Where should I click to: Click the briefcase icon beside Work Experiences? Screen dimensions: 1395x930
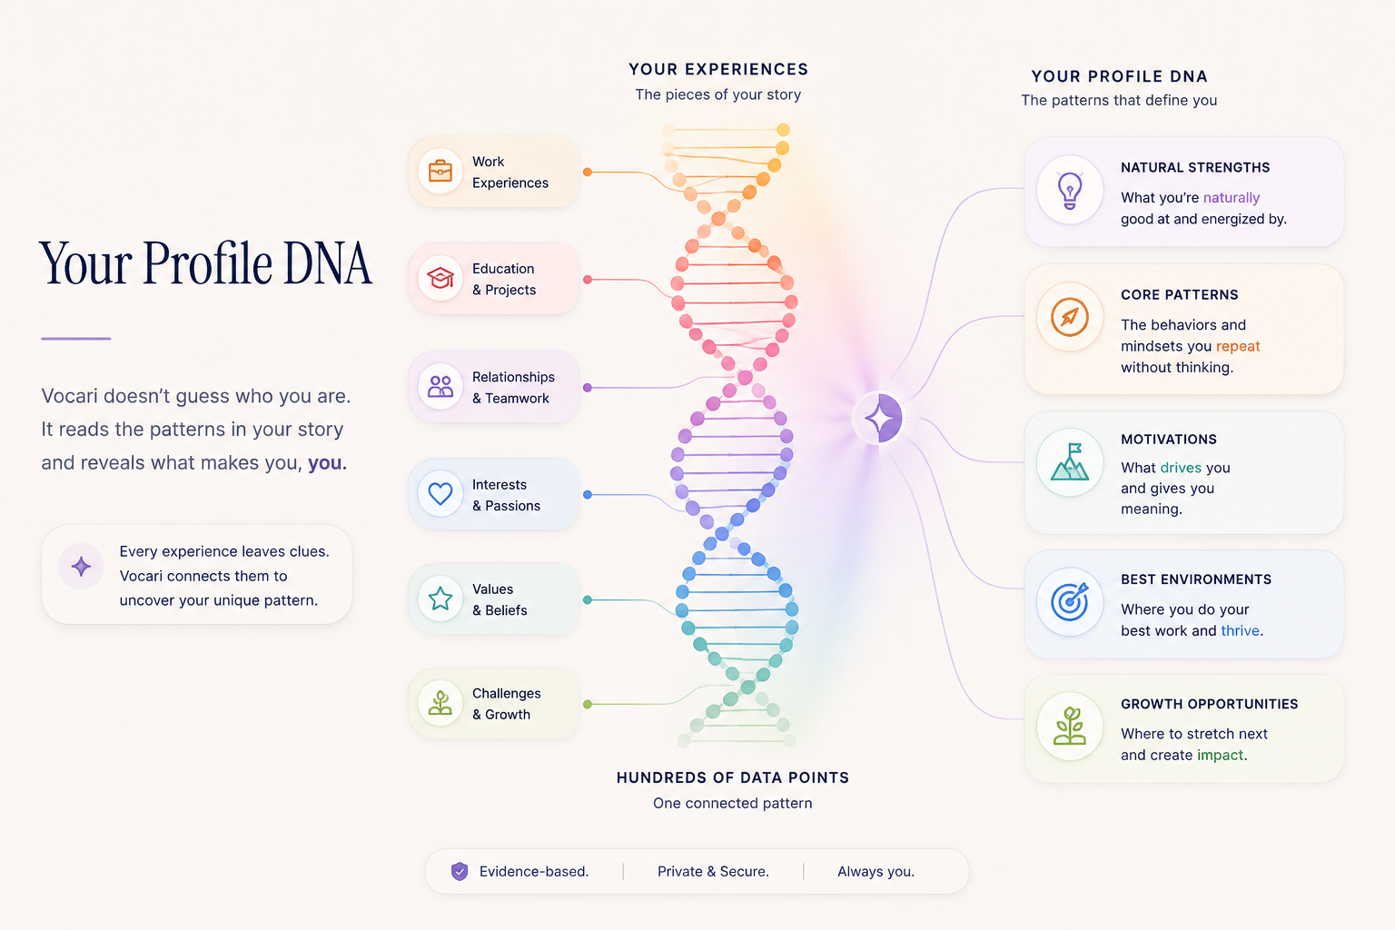pos(440,171)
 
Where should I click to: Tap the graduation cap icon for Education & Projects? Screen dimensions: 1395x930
pos(440,278)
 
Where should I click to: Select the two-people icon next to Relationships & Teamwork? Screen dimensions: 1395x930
pos(440,387)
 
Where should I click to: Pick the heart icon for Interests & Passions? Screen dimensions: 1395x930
pos(440,494)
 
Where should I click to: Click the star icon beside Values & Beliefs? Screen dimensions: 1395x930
pos(440,599)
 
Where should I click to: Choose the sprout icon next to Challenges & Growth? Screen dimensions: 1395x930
pos(440,703)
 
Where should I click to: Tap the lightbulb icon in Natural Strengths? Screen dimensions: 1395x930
pos(1070,191)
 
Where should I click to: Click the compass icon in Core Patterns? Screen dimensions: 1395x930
pos(1070,317)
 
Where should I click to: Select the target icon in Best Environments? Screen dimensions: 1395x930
pos(1070,602)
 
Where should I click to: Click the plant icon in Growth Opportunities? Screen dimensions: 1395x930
pos(1070,726)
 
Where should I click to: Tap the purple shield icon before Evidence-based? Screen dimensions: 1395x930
pos(460,872)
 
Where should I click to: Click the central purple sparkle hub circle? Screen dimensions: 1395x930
pos(879,418)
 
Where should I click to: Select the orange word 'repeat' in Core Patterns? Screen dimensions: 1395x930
pos(1238,346)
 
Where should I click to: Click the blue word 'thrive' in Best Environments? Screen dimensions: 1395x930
pos(1240,630)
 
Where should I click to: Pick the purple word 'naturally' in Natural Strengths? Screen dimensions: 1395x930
pos(1232,198)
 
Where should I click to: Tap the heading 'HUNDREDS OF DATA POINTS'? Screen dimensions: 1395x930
pos(732,777)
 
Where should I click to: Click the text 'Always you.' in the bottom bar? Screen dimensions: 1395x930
pos(876,872)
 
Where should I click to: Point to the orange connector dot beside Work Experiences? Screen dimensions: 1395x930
pos(588,172)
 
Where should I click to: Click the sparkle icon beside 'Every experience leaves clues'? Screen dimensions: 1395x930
pos(81,566)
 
